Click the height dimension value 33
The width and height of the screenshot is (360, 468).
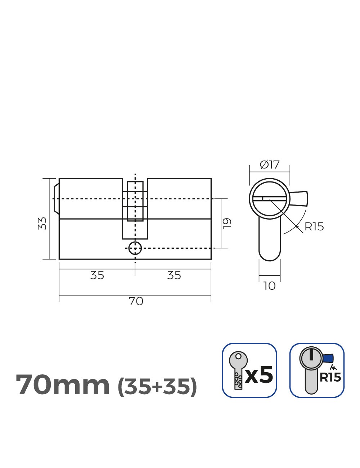click(x=42, y=224)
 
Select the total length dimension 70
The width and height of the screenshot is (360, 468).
click(x=136, y=301)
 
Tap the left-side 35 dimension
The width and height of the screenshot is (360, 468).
click(x=97, y=275)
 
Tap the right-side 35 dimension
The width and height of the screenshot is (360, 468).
click(x=174, y=275)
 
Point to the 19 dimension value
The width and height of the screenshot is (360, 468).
click(x=227, y=224)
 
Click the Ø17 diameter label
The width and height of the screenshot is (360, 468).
click(x=270, y=165)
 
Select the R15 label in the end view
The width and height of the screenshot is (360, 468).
click(x=314, y=227)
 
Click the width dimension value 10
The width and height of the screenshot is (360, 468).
click(x=269, y=286)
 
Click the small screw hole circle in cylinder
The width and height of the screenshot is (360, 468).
click(x=135, y=248)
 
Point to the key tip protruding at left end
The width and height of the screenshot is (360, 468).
click(x=56, y=198)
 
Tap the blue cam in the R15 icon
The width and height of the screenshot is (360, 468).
click(x=328, y=359)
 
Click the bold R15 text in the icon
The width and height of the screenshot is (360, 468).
click(x=330, y=377)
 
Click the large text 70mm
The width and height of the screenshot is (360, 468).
click(x=63, y=385)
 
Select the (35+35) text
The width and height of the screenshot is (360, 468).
click(x=158, y=386)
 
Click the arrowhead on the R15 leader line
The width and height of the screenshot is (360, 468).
click(x=297, y=226)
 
